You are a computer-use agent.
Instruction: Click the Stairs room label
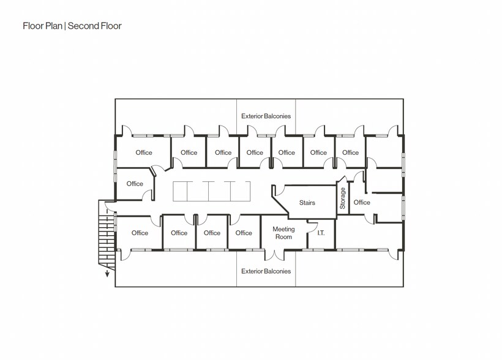[x=307, y=203]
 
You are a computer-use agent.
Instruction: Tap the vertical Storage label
[x=342, y=198]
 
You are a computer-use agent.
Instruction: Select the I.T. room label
[x=321, y=233]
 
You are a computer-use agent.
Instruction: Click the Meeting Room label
[x=283, y=233]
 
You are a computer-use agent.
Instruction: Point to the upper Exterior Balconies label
[x=266, y=116]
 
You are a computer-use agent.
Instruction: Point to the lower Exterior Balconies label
[x=266, y=271]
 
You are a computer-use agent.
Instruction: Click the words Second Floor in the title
[x=94, y=26]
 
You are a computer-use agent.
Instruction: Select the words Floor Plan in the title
[x=43, y=26]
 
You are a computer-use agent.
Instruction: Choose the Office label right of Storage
[x=362, y=202]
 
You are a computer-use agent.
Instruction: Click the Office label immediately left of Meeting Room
[x=244, y=233]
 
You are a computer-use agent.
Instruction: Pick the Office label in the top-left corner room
[x=144, y=152]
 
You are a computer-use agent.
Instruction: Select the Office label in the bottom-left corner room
[x=140, y=233]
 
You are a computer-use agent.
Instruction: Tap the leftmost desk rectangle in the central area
[x=182, y=191]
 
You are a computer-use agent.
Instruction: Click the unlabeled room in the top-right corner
[x=383, y=150]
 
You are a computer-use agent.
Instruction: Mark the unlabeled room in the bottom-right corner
[x=367, y=236]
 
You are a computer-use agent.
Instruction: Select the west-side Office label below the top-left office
[x=135, y=184]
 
